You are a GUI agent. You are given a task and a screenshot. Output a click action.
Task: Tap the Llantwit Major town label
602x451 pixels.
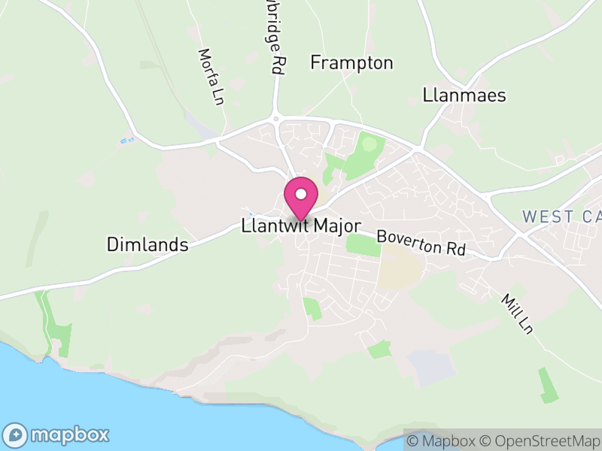pos(301,225)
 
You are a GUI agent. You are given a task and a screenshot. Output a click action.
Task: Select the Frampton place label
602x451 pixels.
pos(351,63)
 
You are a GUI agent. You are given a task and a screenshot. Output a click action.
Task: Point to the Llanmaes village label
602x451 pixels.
pos(464,95)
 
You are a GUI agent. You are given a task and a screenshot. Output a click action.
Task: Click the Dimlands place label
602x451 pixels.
pos(147,244)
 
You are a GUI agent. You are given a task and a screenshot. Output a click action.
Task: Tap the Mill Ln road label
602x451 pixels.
pos(516,313)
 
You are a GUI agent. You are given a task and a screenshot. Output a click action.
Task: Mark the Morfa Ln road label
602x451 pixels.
pos(211,77)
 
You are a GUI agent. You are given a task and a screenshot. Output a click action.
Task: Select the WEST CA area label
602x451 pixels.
pos(561,216)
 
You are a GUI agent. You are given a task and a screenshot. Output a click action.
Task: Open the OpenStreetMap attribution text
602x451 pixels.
pos(540,441)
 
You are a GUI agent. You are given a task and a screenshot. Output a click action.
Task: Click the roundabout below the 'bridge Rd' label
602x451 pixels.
pos(277,119)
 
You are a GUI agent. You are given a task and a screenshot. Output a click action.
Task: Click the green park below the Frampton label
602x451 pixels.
pos(367,148)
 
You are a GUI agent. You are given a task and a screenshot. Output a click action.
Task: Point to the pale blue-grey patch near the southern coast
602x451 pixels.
pos(430,367)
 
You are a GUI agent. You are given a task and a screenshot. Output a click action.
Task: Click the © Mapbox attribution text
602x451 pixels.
pos(441,441)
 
